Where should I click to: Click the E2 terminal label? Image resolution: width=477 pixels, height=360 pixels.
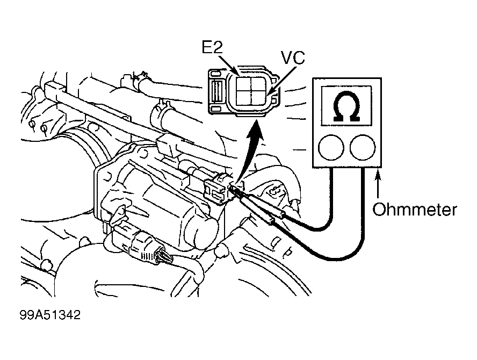point(212,47)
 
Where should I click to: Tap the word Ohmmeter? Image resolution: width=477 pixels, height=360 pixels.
point(415,210)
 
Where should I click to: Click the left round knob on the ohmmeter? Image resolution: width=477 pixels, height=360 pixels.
point(331,148)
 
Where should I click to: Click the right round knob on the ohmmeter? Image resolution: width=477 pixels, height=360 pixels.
point(362,148)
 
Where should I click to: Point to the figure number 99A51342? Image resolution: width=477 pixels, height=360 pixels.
point(50,315)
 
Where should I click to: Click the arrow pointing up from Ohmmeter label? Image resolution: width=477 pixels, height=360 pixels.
point(378,185)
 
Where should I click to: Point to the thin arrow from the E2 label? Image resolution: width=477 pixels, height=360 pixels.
point(228,64)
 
